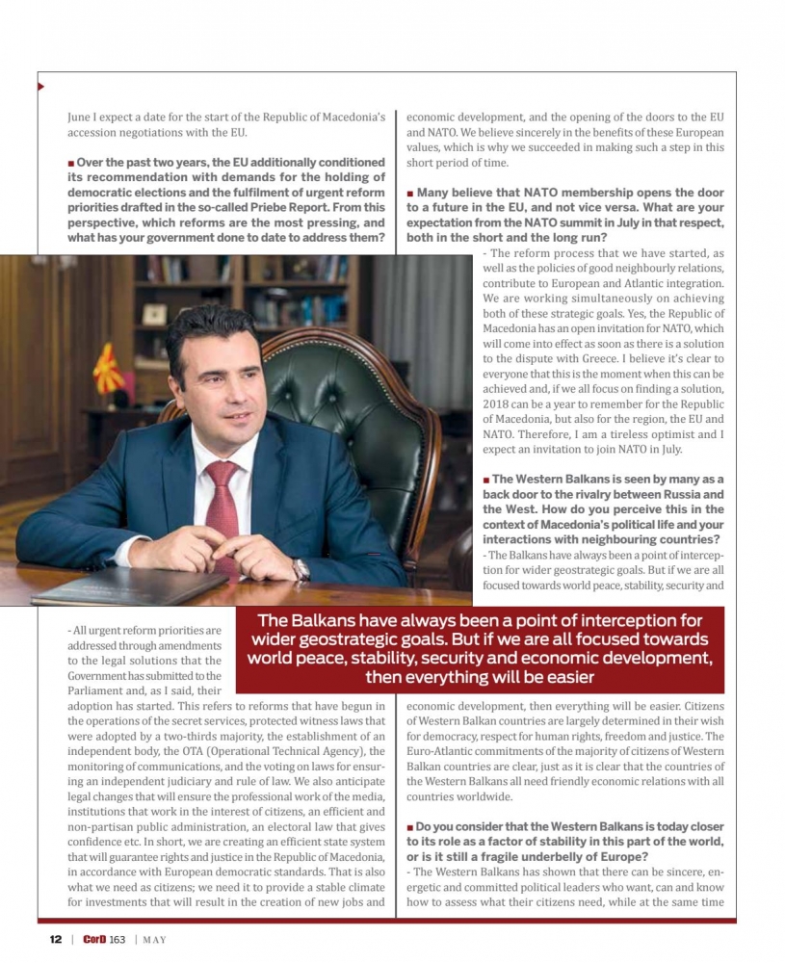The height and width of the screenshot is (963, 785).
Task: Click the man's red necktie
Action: point(222,502)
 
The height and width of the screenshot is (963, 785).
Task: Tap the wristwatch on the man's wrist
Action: point(301,569)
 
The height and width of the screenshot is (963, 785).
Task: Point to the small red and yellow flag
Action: point(107,370)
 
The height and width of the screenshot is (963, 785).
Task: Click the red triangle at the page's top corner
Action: point(40,87)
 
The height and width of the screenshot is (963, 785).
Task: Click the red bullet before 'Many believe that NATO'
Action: point(410,193)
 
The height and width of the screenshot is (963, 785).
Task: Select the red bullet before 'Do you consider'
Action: point(410,827)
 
